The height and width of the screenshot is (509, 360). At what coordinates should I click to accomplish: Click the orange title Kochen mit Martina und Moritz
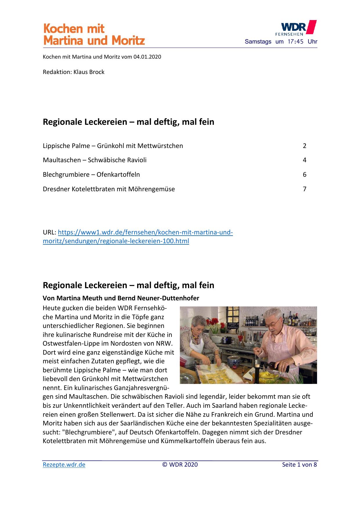tap(94, 35)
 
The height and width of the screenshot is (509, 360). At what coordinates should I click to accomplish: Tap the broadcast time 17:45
tap(295, 41)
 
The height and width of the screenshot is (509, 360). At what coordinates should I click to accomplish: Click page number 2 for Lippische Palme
tap(304, 146)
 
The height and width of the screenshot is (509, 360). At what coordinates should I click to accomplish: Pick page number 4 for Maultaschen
tap(304, 160)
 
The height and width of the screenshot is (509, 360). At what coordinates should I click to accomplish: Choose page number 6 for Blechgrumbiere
tap(304, 175)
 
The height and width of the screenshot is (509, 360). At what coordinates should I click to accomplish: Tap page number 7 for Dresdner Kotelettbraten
tap(304, 189)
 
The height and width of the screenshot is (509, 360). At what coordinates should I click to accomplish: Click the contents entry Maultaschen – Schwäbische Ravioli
tap(95, 160)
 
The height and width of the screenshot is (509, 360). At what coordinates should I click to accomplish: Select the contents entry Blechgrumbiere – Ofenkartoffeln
tap(91, 175)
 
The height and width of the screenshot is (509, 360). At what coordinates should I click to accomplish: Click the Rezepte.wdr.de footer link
tap(64, 465)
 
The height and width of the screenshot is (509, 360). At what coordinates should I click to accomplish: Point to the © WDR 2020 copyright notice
tap(180, 465)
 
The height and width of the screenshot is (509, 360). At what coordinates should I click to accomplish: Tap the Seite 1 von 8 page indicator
tap(299, 465)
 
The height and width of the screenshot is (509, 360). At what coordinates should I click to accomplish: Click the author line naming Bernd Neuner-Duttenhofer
tap(121, 298)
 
